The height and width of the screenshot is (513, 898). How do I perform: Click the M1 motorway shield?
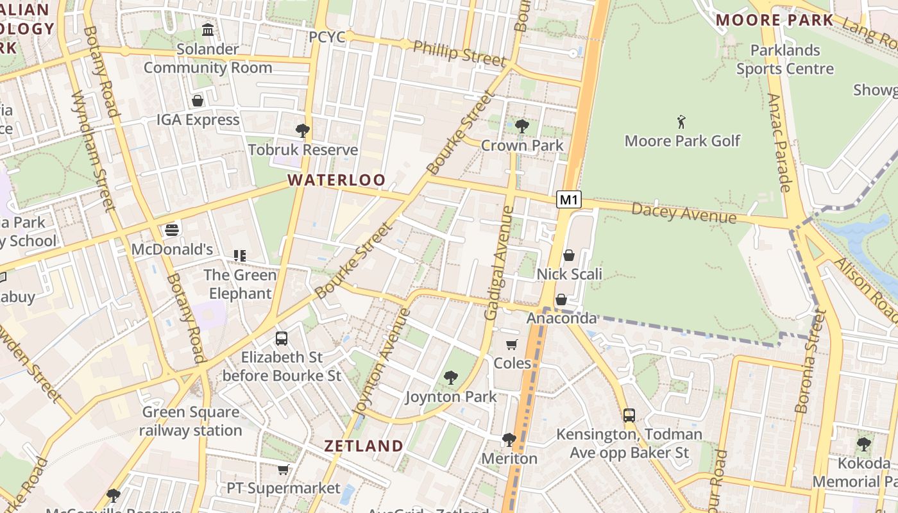pos(568,200)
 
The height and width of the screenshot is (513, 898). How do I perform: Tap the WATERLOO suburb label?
pos(336,180)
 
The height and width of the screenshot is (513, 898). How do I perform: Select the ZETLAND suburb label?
pos(364,446)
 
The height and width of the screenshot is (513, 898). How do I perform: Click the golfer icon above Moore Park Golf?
pos(681,122)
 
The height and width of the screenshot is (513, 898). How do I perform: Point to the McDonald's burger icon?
pos(171,230)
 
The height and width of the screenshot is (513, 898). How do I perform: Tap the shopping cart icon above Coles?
pos(512,345)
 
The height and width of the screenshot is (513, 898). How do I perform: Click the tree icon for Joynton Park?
pos(451,378)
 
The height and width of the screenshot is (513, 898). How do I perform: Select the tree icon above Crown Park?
pos(522,126)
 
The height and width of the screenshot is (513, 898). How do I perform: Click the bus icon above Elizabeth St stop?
pos(281,339)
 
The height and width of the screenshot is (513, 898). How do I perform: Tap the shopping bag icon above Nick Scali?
pos(568,256)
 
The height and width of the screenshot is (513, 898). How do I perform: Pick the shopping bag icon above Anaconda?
pos(561,299)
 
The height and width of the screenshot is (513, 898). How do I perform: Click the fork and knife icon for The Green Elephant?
pos(240,256)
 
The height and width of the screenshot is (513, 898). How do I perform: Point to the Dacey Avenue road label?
pos(684,213)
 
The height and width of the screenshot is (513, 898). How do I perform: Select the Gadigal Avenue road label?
pos(500,263)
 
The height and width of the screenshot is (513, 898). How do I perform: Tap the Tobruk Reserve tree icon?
pos(302,131)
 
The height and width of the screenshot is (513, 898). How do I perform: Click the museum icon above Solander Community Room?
pos(207,30)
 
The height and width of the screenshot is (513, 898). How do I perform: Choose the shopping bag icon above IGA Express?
pos(198,101)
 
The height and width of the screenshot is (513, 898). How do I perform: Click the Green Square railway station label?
pos(191,421)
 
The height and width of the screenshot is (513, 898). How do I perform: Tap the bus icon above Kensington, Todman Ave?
pos(629,416)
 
